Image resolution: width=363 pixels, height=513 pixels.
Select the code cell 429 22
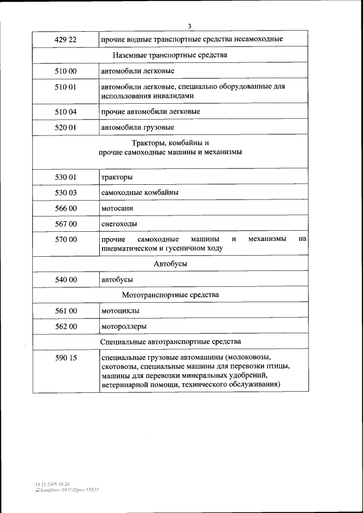[65, 39]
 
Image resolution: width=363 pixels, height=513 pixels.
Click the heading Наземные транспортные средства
[170, 55]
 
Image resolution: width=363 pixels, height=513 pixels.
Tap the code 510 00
[65, 71]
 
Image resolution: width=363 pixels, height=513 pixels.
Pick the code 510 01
[65, 87]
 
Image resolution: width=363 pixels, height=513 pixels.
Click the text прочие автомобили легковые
[150, 112]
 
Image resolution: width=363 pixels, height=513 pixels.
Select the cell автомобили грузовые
[137, 128]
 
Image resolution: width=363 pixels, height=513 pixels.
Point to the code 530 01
[65, 177]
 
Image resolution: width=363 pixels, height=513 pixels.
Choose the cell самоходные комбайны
[140, 193]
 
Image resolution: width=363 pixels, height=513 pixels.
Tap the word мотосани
[117, 208]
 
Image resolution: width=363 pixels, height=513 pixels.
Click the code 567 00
[65, 224]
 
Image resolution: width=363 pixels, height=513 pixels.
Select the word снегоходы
[119, 224]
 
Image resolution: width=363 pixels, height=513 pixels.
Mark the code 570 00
[65, 239]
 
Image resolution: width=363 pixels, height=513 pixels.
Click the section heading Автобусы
[170, 264]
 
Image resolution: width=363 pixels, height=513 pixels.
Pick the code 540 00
[65, 279]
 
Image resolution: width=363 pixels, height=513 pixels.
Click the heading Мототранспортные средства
[170, 295]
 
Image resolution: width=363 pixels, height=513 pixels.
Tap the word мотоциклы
[120, 311]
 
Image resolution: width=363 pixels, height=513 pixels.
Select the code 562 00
[65, 327]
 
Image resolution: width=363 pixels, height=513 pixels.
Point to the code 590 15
[65, 358]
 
